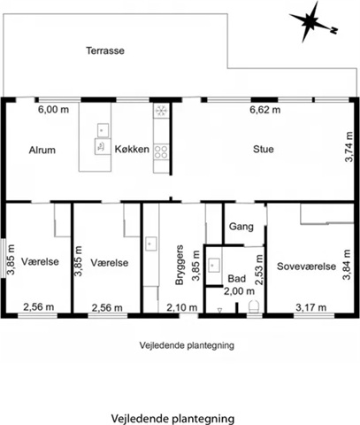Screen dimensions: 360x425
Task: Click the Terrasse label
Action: click(105, 50)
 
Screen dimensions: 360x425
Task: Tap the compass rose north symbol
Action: click(313, 22)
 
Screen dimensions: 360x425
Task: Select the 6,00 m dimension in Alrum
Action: click(53, 110)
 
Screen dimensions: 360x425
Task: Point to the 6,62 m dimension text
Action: click(265, 110)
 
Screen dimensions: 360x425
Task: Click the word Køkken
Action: click(132, 150)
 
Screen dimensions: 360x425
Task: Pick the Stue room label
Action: click(264, 149)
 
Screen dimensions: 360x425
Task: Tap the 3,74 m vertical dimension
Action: click(349, 147)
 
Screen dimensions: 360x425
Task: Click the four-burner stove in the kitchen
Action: click(161, 151)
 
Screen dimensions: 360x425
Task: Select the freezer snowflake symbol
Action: click(161, 111)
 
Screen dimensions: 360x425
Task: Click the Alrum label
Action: click(42, 150)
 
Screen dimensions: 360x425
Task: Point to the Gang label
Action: click(241, 227)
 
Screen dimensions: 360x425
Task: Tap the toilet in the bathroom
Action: click(254, 306)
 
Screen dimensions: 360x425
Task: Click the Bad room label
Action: click(237, 279)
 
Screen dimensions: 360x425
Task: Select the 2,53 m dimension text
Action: click(259, 270)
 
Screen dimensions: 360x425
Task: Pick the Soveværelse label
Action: click(306, 267)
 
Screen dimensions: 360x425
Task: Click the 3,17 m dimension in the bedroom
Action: click(310, 307)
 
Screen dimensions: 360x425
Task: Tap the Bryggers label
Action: click(180, 265)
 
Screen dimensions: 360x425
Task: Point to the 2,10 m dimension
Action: click(182, 308)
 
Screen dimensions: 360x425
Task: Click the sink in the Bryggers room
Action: click(150, 243)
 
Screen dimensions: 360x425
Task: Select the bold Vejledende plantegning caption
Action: click(172, 419)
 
